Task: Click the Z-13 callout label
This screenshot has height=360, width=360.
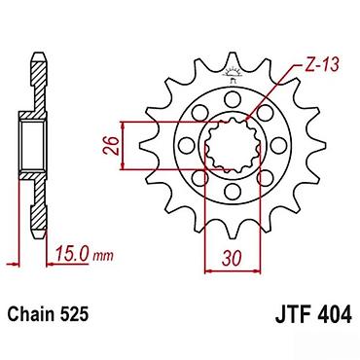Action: point(321,66)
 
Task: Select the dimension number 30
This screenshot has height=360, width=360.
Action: point(232,259)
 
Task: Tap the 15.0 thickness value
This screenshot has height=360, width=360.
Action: point(73,254)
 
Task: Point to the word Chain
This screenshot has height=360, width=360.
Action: point(30,314)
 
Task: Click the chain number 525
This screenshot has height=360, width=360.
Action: point(74,314)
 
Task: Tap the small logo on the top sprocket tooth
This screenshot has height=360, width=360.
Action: point(232,75)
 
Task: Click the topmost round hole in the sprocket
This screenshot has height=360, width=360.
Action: point(232,98)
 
